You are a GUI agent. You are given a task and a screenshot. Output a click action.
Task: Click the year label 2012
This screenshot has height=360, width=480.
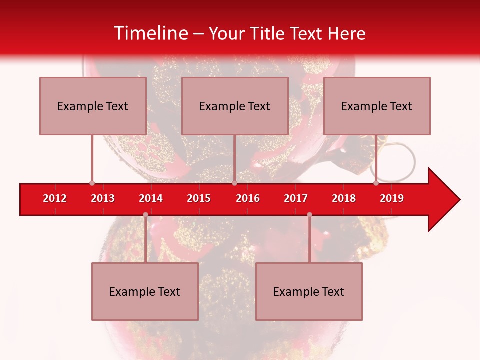point(55,198)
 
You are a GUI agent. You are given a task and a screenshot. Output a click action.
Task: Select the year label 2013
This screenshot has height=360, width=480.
point(103,198)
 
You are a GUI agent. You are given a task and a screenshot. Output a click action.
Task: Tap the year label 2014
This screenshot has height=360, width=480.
point(151,198)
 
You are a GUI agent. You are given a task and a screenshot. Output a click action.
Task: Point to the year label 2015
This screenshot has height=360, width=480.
point(199,198)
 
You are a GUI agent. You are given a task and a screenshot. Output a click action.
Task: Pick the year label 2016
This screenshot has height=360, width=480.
point(248,198)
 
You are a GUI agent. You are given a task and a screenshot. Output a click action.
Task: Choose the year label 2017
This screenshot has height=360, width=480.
point(296,198)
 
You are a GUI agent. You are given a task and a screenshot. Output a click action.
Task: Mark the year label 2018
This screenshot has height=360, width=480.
point(344,198)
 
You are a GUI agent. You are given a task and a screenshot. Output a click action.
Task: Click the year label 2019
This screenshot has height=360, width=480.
point(392,198)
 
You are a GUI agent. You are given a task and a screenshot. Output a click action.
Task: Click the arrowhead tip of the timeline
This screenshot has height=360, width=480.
point(459,200)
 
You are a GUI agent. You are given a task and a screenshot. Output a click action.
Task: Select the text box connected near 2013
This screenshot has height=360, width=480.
point(93,106)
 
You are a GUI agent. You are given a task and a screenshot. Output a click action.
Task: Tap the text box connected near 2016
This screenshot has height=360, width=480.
point(235,106)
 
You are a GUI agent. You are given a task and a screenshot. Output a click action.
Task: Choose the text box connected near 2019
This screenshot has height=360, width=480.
point(377,106)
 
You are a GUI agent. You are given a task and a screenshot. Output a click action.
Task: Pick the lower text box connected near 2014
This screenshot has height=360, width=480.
point(145,291)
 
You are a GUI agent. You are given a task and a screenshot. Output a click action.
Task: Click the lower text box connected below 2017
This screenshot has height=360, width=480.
point(309,291)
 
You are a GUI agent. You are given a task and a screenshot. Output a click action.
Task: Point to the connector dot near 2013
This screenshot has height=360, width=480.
point(92,183)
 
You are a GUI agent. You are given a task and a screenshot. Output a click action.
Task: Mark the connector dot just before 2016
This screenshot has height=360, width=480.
point(234,183)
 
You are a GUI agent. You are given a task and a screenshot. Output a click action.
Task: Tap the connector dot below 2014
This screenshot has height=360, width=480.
point(145,215)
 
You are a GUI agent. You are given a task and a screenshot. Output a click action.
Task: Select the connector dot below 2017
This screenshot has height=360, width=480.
point(309,215)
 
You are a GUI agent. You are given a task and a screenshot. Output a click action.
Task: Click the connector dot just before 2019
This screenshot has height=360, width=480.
point(376,183)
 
